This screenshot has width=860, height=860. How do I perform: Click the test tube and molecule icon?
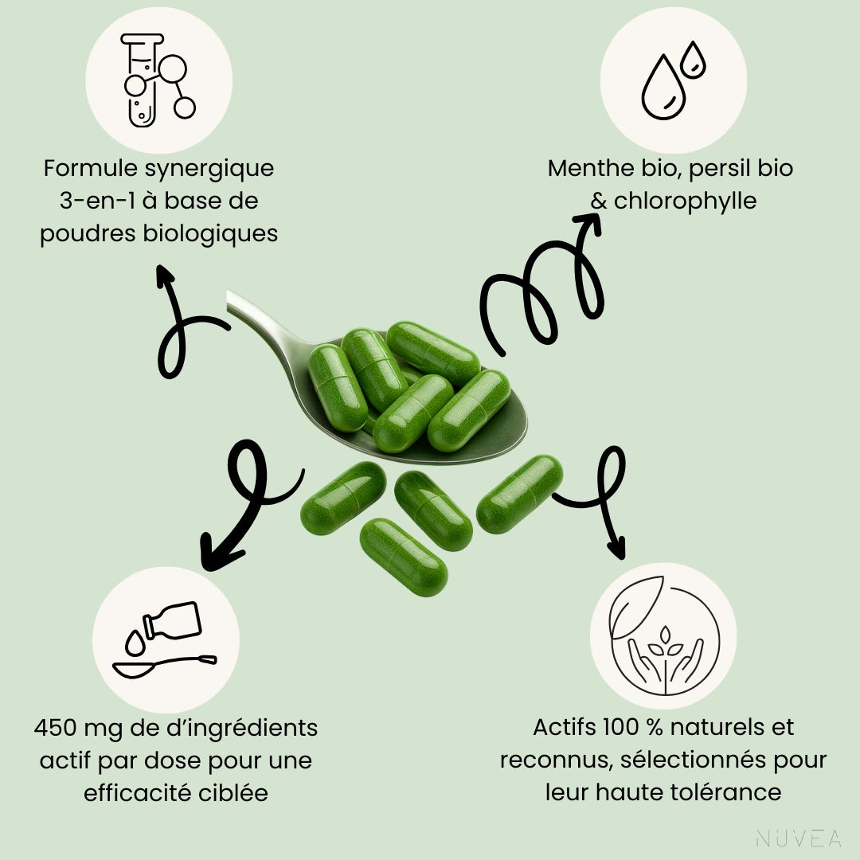159,80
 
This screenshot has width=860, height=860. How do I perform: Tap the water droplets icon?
673,80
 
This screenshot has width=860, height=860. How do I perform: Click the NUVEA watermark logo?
798,838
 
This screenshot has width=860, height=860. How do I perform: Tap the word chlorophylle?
685,201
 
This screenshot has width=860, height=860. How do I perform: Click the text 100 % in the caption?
634,728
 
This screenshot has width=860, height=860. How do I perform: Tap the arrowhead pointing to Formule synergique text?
165,275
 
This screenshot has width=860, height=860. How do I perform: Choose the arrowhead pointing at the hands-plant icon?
616,549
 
